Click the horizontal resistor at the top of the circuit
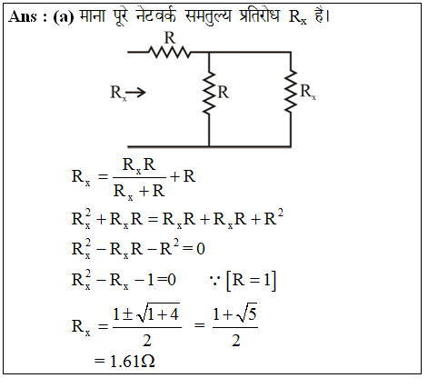tap(169, 52)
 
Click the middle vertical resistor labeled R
tap(209, 93)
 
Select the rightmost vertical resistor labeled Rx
tap(291, 92)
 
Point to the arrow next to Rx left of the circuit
tap(135, 93)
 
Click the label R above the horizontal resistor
tap(170, 38)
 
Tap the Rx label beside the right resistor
tap(308, 92)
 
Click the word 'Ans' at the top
tap(23, 16)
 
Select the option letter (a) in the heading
tap(64, 17)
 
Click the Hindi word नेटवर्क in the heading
tap(155, 15)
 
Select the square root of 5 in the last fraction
tap(247, 313)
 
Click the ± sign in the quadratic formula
tap(128, 314)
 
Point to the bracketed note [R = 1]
tap(252, 281)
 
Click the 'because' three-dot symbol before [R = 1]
tap(214, 281)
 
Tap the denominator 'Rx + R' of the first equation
tap(139, 192)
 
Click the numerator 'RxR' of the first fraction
tap(139, 165)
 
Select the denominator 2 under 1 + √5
tap(236, 341)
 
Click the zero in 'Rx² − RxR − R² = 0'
tap(201, 249)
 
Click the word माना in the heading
tap(92, 15)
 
